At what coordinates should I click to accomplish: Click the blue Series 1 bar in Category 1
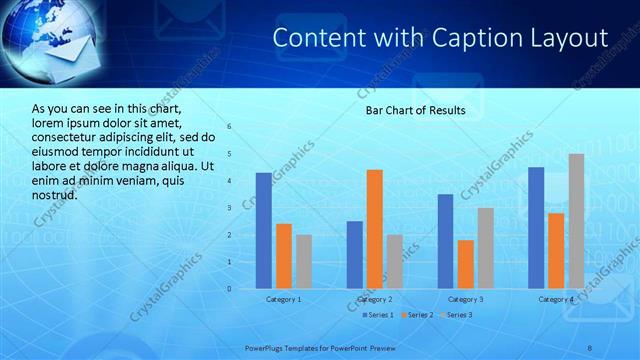pyautogui.click(x=264, y=231)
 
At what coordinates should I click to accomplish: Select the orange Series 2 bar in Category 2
pyautogui.click(x=375, y=229)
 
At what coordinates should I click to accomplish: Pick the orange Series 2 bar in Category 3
pyautogui.click(x=465, y=264)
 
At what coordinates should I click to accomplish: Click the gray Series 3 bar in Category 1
pyautogui.click(x=304, y=262)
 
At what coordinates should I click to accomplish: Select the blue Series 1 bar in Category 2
pyautogui.click(x=355, y=255)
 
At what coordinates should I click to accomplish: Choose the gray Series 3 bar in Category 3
pyautogui.click(x=485, y=248)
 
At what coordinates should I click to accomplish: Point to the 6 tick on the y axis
pyautogui.click(x=230, y=127)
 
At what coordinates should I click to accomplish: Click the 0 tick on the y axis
pyautogui.click(x=230, y=289)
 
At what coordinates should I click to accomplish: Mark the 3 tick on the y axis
pyautogui.click(x=230, y=208)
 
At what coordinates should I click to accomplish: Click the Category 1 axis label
pyautogui.click(x=284, y=299)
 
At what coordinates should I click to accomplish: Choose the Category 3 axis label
pyautogui.click(x=465, y=299)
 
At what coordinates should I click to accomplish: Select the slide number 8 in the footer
pyautogui.click(x=590, y=347)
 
